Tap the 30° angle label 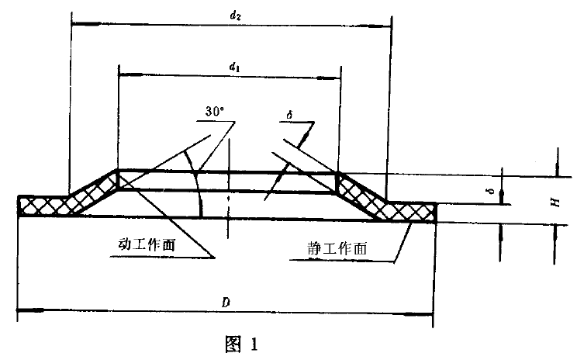tap(215, 112)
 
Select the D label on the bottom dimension tap(226, 300)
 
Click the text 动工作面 tap(152, 243)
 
